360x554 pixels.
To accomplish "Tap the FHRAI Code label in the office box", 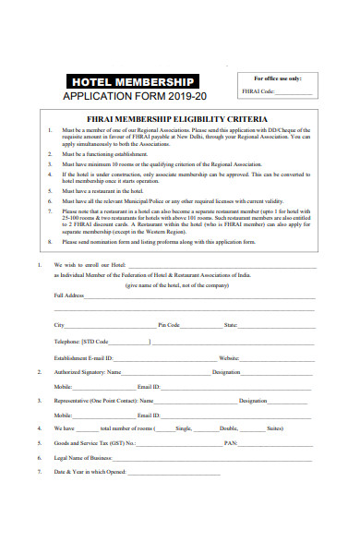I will pyautogui.click(x=258, y=92).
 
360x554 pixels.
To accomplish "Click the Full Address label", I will pyautogui.click(x=69, y=295).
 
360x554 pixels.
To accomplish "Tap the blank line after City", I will pyautogui.click(x=110, y=325).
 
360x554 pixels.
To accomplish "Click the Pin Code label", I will pyautogui.click(x=169, y=325).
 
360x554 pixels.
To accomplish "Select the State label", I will pyautogui.click(x=231, y=325).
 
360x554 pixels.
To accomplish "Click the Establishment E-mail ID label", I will pyautogui.click(x=83, y=356).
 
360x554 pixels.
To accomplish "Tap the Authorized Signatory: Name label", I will pyautogui.click(x=88, y=371).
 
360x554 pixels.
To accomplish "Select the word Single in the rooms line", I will pyautogui.click(x=183, y=428).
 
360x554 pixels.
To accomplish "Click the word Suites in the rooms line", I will pyautogui.click(x=274, y=428).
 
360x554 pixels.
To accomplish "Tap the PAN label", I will pyautogui.click(x=230, y=443).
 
